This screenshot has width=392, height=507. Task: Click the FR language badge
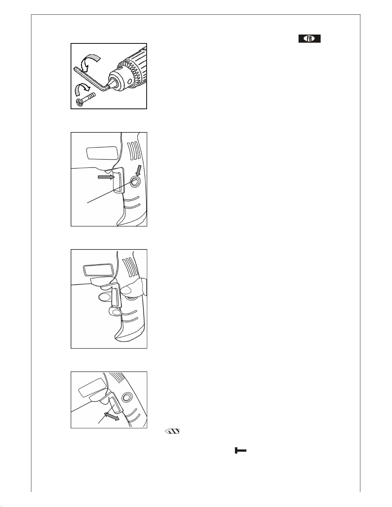309,38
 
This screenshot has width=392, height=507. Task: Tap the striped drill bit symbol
172,431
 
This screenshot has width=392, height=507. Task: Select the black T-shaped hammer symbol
241,450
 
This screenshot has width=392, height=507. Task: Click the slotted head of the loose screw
80,102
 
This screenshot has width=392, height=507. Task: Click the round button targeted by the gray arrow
135,181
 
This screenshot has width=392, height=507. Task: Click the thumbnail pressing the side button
126,290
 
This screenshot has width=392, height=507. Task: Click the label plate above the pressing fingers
98,270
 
